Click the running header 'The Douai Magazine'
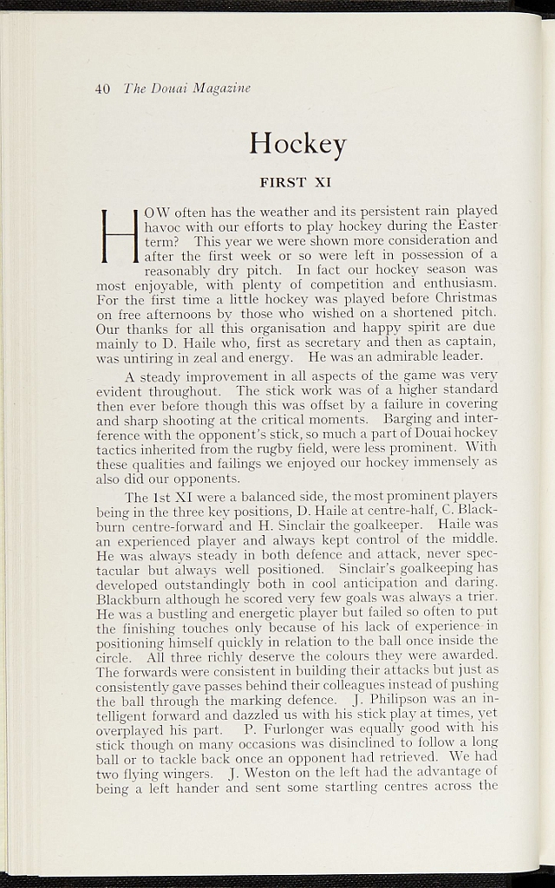(x=186, y=88)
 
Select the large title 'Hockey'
(x=297, y=142)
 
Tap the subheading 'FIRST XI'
(x=296, y=182)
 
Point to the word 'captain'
(x=469, y=342)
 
